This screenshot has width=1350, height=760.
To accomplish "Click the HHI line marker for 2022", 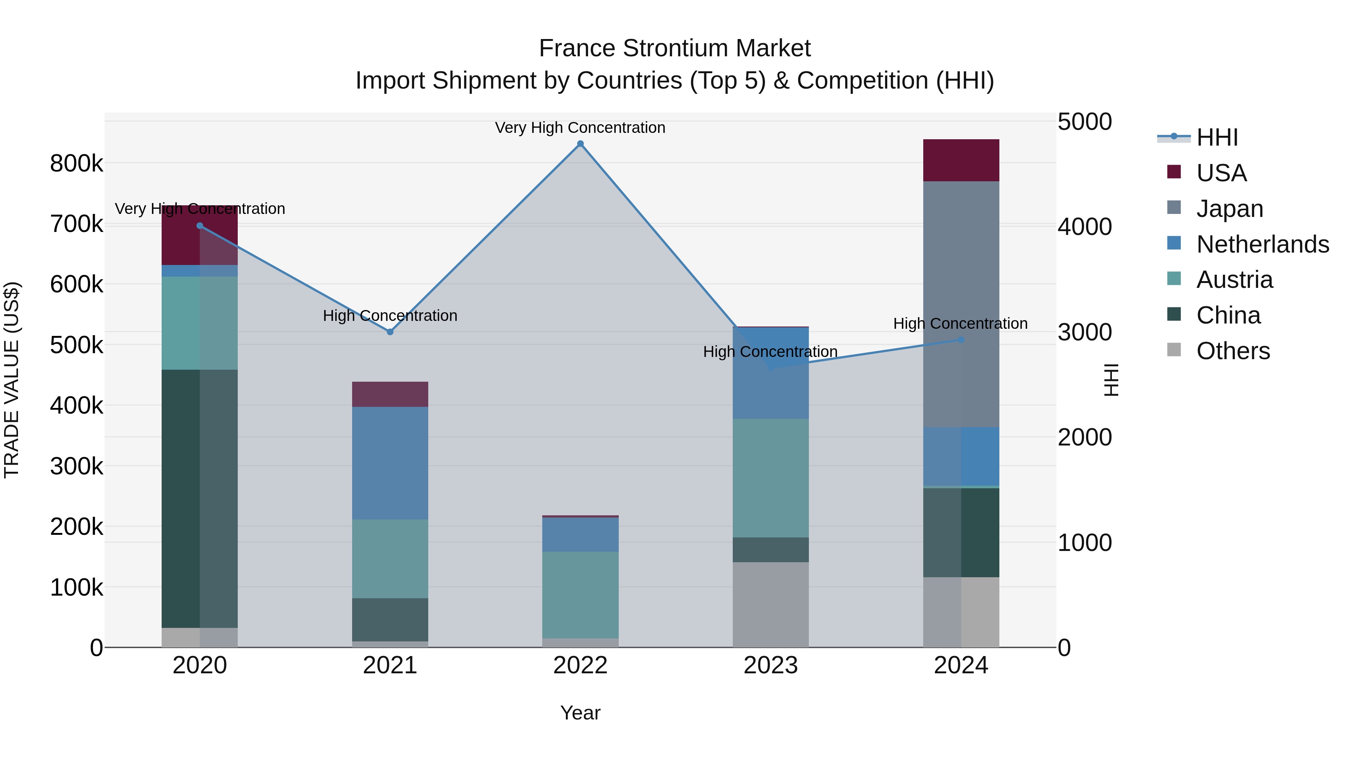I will click(x=580, y=144).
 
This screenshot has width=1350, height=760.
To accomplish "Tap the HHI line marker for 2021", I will click(x=390, y=332).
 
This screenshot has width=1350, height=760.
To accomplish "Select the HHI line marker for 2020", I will click(x=199, y=226).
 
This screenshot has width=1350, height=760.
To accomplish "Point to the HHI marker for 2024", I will click(x=961, y=340).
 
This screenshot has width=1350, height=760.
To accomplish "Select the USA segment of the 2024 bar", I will click(x=961, y=160).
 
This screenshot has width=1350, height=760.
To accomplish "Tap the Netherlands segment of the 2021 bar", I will click(x=390, y=463).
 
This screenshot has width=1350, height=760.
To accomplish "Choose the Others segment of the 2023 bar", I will click(x=770, y=604).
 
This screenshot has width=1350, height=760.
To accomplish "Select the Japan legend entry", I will click(x=1230, y=209).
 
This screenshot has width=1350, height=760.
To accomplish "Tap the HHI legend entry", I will click(x=1217, y=137).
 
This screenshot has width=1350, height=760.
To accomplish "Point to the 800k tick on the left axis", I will click(x=76, y=164).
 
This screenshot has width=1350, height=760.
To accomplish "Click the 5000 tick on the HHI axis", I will click(x=1084, y=122).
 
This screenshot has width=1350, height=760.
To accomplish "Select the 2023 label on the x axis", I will click(x=770, y=665).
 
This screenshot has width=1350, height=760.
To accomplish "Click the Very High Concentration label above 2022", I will click(x=580, y=128).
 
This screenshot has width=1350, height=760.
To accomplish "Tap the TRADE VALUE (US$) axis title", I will click(x=12, y=380).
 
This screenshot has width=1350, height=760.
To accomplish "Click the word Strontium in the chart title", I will click(x=675, y=48).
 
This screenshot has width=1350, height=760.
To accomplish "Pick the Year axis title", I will click(x=580, y=713).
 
